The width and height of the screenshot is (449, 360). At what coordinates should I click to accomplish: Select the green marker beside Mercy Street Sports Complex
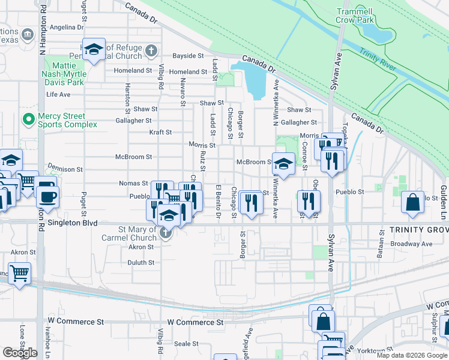(27, 118)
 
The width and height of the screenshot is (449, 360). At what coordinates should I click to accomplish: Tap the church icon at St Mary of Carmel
(165, 234)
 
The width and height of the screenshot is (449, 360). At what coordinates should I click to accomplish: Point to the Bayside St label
(188, 56)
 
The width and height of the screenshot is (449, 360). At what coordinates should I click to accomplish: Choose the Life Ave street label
(58, 95)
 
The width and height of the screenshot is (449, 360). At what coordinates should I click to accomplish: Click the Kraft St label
(160, 132)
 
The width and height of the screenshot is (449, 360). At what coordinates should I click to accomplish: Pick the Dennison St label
(64, 170)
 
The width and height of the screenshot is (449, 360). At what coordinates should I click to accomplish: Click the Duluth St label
(141, 263)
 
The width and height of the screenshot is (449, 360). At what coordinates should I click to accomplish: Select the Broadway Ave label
(411, 244)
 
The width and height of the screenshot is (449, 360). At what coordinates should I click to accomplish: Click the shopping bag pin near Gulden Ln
(413, 203)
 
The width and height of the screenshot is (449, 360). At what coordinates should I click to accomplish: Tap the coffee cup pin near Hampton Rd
(47, 196)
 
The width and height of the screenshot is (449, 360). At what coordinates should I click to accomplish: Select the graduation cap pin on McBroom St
(282, 163)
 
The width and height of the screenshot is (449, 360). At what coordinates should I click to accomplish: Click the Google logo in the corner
(20, 353)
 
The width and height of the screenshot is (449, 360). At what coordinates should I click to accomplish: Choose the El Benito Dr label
(218, 202)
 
